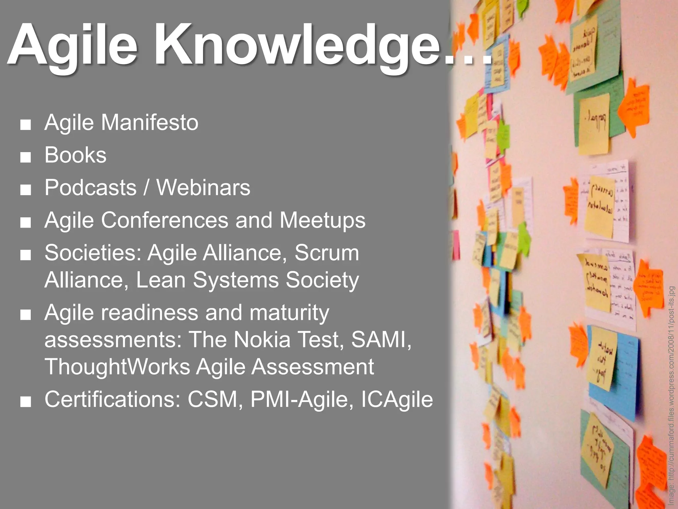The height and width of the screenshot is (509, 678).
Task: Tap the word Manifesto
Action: pos(150,123)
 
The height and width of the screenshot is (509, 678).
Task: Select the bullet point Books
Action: pos(75,155)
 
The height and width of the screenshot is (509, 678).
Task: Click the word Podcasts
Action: pos(90,188)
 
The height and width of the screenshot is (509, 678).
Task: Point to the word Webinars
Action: pos(203,188)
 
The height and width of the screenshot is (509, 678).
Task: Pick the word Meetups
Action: pos(322,220)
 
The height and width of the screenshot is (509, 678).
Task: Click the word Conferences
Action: pos(165,220)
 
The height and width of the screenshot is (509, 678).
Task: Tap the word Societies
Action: pos(93,253)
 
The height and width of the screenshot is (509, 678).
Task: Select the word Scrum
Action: pos(327,253)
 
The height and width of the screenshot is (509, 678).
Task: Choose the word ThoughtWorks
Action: pos(117,367)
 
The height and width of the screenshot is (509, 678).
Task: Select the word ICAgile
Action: pos(397,399)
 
